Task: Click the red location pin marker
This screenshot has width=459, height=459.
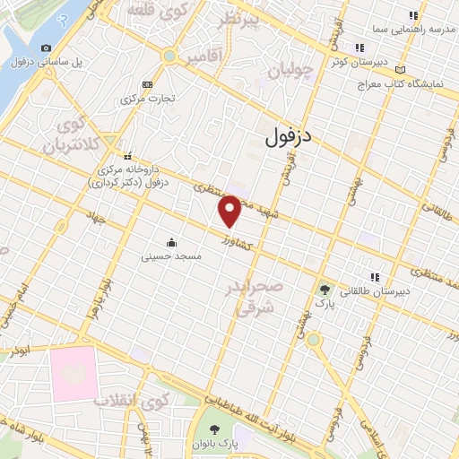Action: coord(229,211)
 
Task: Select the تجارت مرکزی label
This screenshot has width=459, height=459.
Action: coord(148,99)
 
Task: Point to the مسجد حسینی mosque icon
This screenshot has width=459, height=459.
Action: coord(171,242)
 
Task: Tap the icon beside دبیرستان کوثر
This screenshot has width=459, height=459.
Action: coord(359,48)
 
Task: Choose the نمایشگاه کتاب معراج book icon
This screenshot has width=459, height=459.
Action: coord(400,69)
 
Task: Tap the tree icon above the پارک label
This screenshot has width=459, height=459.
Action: coord(325,290)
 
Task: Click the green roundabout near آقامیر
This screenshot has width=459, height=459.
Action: coord(169,56)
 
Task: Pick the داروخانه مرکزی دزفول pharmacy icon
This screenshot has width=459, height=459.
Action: coord(129,154)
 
